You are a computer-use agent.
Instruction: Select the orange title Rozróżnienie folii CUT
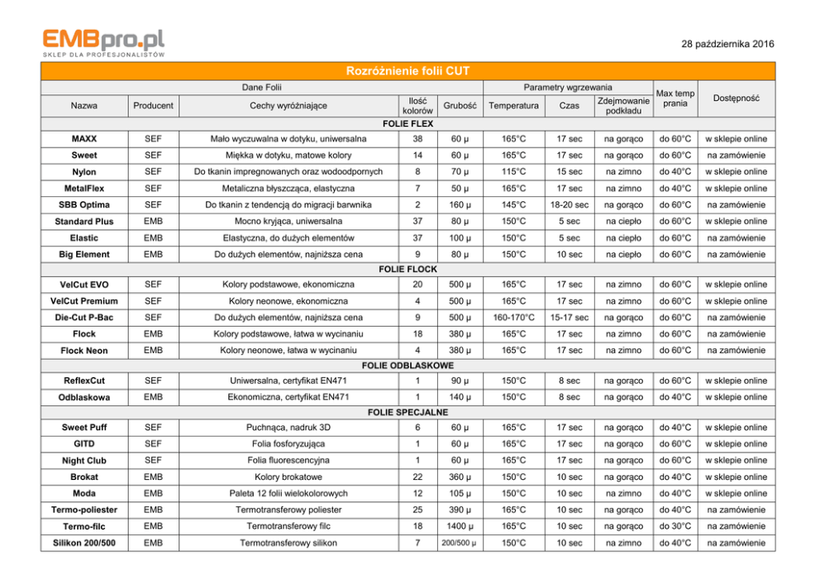(410, 71)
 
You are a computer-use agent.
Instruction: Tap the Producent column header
(153, 105)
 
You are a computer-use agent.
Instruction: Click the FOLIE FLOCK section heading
(410, 270)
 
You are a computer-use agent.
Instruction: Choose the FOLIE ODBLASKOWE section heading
(410, 366)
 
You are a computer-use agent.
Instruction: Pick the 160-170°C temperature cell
(514, 318)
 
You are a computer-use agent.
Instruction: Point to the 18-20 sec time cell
(569, 205)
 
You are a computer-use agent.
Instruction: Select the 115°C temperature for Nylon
(514, 172)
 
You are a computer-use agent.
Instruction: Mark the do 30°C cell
(675, 526)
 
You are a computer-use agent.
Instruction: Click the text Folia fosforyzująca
(288, 443)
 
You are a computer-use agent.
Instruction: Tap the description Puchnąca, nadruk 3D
(288, 427)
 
